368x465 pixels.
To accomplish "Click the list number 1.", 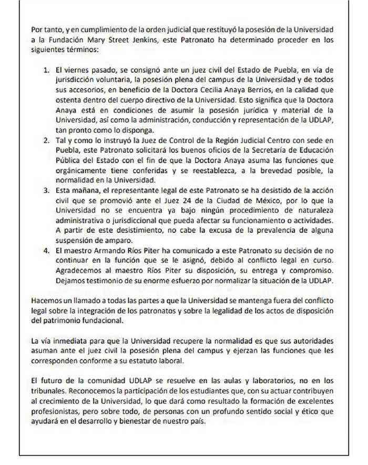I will click(x=45, y=70).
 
